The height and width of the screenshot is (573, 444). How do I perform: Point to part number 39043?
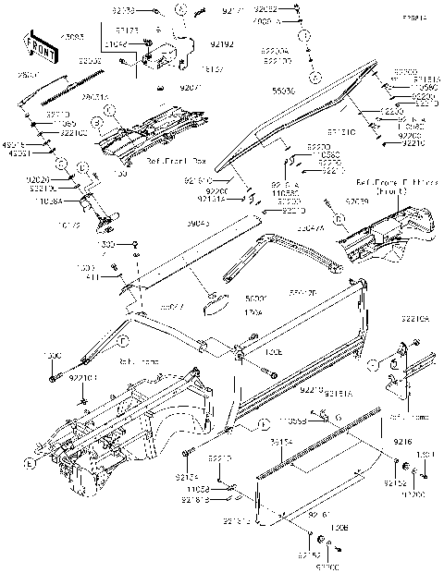pos(199,222)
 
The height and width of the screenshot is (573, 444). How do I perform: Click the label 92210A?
pos(414,318)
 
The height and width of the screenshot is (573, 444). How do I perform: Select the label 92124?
pos(199,477)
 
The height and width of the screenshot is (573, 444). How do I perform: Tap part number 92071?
pos(190,87)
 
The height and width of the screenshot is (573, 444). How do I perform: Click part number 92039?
pos(356,200)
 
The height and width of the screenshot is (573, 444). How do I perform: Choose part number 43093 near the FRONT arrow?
pos(71,37)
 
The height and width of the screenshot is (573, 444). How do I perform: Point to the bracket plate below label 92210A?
pos(404,370)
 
